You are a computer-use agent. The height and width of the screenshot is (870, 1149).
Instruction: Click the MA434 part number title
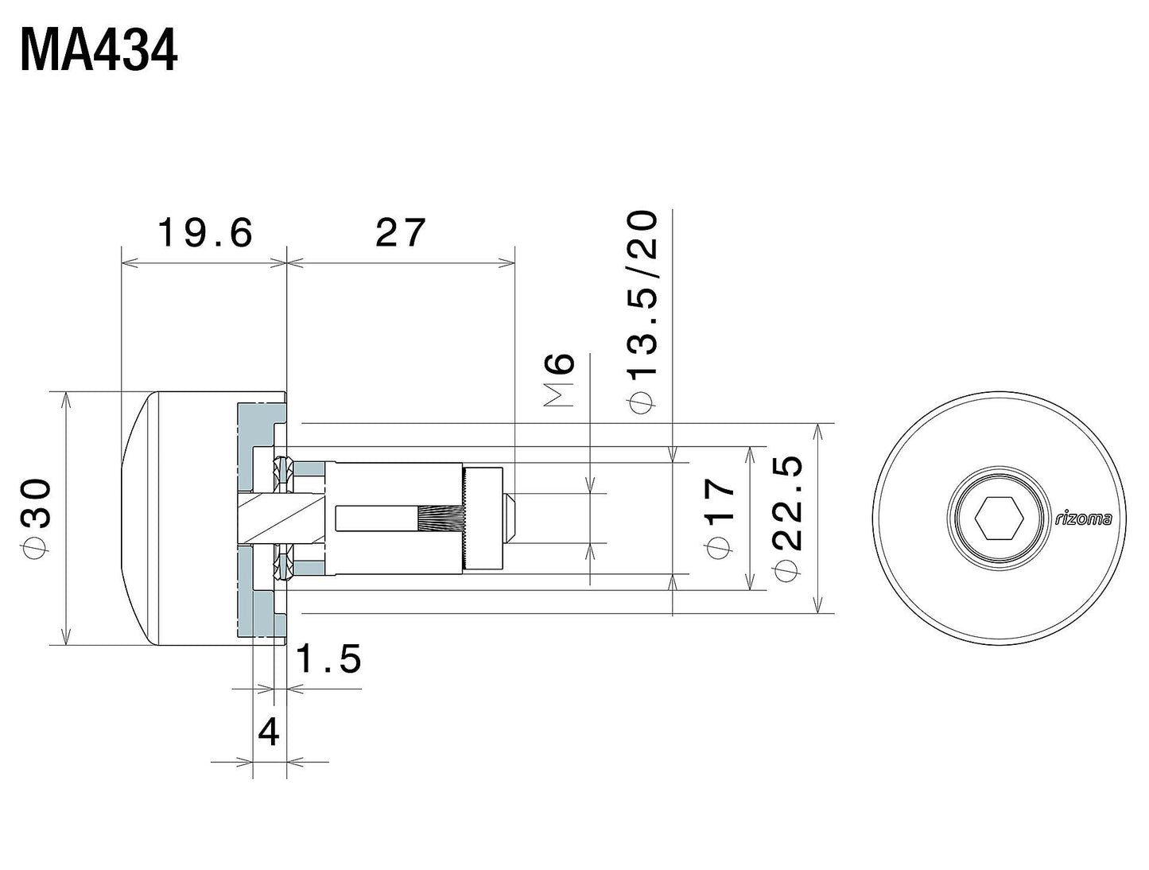click(99, 52)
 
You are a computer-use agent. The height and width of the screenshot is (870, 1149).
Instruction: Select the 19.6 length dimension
click(204, 234)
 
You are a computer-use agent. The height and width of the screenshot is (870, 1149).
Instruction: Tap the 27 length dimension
click(401, 233)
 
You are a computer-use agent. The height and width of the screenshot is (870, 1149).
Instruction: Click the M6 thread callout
click(561, 381)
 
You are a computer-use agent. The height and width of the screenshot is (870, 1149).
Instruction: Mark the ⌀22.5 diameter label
click(790, 517)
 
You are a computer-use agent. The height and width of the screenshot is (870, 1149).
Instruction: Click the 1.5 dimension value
click(329, 658)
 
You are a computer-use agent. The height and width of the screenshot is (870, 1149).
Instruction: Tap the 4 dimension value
click(270, 732)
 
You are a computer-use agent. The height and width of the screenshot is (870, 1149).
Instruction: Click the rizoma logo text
click(1083, 519)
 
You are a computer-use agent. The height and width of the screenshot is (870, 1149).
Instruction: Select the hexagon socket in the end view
click(1000, 519)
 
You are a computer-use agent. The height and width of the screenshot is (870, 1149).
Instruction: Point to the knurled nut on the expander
click(483, 519)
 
